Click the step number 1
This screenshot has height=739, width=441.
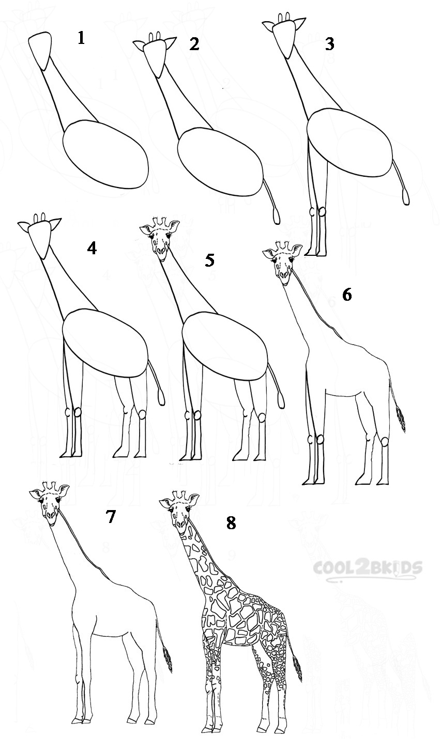click(x=81, y=38)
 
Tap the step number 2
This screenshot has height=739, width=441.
click(x=194, y=44)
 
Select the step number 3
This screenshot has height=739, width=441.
click(x=329, y=44)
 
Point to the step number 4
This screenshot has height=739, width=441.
click(x=92, y=249)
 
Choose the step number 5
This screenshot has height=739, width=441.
click(x=209, y=260)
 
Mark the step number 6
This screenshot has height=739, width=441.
click(x=347, y=295)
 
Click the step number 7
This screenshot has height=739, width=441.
click(x=110, y=516)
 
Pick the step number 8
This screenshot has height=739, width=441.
click(x=231, y=523)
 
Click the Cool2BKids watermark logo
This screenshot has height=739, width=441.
click(x=367, y=568)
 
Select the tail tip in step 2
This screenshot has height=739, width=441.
click(x=277, y=216)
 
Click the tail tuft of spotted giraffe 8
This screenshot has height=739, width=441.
click(x=297, y=668)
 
